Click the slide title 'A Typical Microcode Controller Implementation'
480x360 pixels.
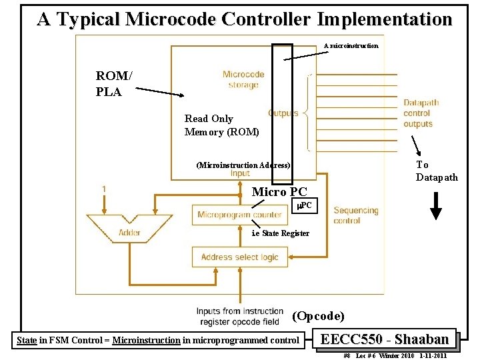pyautogui.click(x=244, y=19)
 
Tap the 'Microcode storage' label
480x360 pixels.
pyautogui.click(x=243, y=79)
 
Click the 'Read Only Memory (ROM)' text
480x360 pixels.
pyautogui.click(x=221, y=125)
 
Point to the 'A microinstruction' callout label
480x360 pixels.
pyautogui.click(x=351, y=45)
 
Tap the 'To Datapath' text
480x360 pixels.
pyautogui.click(x=437, y=171)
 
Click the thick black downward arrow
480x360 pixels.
pyautogui.click(x=435, y=205)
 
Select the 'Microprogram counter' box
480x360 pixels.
pyautogui.click(x=239, y=215)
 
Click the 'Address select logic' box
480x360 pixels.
pyautogui.click(x=239, y=257)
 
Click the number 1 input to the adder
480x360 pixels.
pyautogui.click(x=104, y=189)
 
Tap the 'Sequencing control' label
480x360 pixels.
pyautogui.click(x=355, y=215)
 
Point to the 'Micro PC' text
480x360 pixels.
pyautogui.click(x=279, y=192)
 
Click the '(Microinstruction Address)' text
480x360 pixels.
pyautogui.click(x=243, y=165)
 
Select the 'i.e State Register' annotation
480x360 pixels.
pyautogui.click(x=280, y=233)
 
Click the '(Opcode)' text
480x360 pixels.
pyautogui.click(x=318, y=315)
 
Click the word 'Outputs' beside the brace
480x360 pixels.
pyautogui.click(x=283, y=113)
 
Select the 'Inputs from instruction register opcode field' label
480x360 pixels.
pyautogui.click(x=239, y=316)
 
